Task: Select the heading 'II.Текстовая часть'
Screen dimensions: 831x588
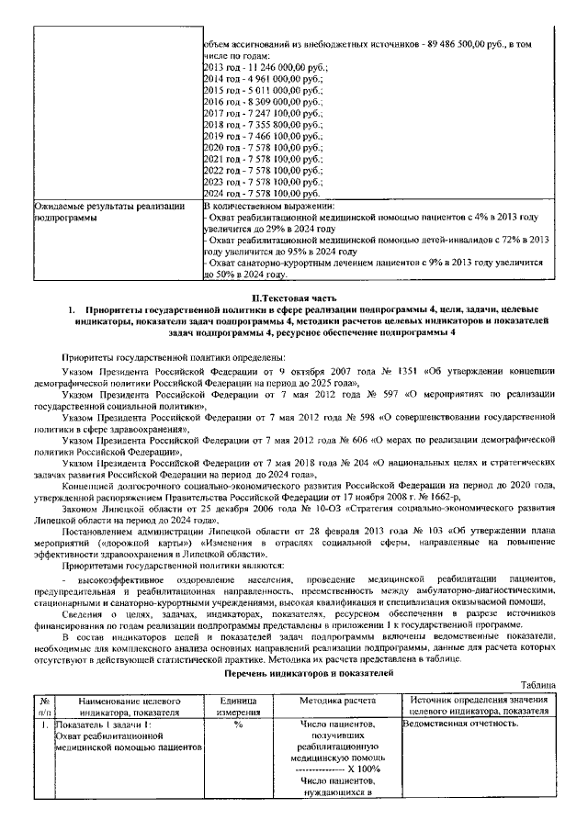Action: [x=293, y=298]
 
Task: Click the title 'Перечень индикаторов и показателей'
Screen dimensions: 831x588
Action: [x=294, y=673]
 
